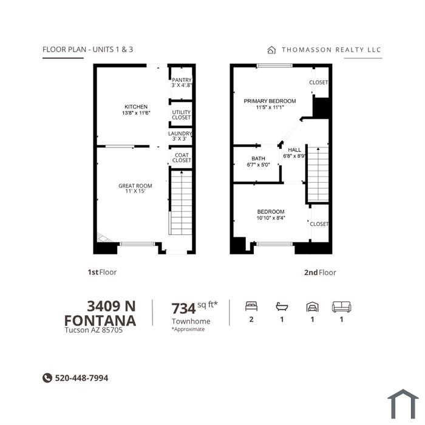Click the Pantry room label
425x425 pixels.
[x=182, y=80]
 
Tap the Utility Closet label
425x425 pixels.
[x=182, y=115]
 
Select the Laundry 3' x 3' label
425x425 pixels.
[x=180, y=136]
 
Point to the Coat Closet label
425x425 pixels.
[x=182, y=157]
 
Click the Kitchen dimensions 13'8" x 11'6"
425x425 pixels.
[x=136, y=113]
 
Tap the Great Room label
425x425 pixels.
[x=135, y=186]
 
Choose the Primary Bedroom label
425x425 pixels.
[x=270, y=101]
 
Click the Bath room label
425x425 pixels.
[x=258, y=158]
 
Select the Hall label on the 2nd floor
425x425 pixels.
[x=294, y=150]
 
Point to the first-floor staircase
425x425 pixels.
[x=182, y=202]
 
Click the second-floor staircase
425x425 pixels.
[x=318, y=174]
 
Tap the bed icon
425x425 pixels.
[x=251, y=306]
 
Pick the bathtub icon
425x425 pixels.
[x=282, y=307]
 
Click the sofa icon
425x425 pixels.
[x=341, y=307]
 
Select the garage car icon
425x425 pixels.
[x=313, y=307]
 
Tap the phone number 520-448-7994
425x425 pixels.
[x=81, y=378]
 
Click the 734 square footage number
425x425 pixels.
[x=183, y=308]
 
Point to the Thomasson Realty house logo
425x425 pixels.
[x=271, y=50]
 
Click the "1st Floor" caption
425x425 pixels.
[x=102, y=272]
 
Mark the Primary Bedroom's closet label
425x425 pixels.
[x=319, y=82]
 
